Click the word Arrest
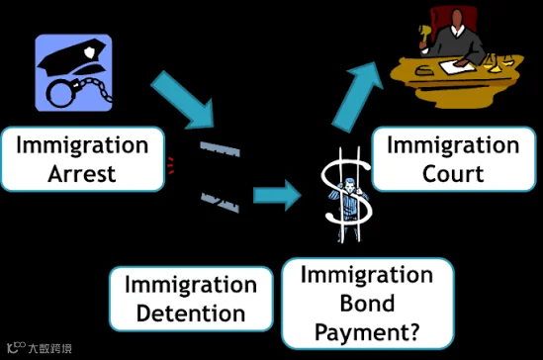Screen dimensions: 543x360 pyautogui.click(x=82, y=173)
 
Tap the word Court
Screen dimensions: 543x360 pyautogui.click(x=453, y=173)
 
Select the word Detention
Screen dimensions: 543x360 pyautogui.click(x=191, y=314)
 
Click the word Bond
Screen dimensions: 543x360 pyautogui.click(x=367, y=304)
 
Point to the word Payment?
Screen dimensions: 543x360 pyautogui.click(x=367, y=332)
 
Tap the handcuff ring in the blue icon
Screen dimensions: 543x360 pyautogui.click(x=60, y=93)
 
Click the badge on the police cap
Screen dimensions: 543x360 pyautogui.click(x=89, y=52)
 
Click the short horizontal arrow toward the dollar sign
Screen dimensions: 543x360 pyautogui.click(x=277, y=195)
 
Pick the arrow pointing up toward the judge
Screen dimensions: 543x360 pyautogui.click(x=357, y=97)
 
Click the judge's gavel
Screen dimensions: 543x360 pyautogui.click(x=424, y=35)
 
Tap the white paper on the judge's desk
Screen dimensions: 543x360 pyautogui.click(x=456, y=65)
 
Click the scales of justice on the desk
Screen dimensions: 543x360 pyautogui.click(x=498, y=62)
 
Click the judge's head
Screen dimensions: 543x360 pyautogui.click(x=457, y=20)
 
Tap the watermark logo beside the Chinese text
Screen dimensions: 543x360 pyautogui.click(x=16, y=347)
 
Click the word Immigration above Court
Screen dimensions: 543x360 pyautogui.click(x=453, y=144)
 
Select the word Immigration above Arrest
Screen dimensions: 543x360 pyautogui.click(x=82, y=144)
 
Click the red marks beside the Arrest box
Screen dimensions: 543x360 pyautogui.click(x=170, y=165)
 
